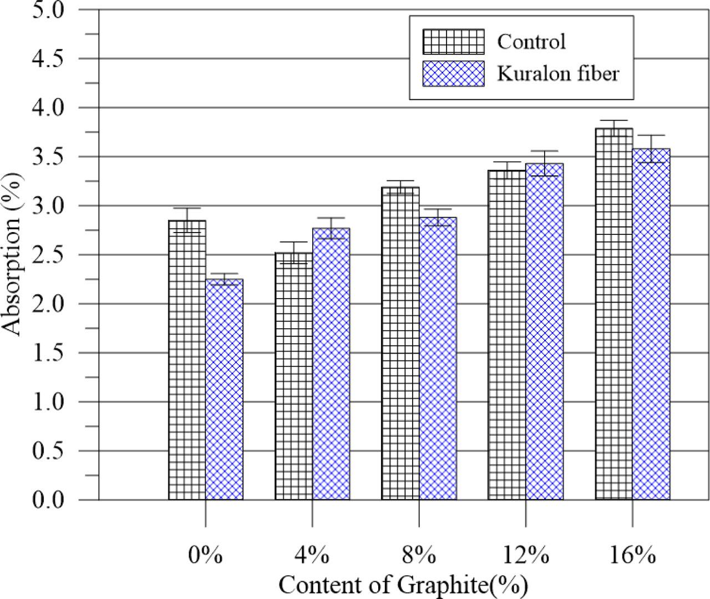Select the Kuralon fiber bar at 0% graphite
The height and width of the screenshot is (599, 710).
point(224,389)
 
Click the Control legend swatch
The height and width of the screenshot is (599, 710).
point(453,42)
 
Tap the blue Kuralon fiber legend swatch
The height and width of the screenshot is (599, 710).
point(453,73)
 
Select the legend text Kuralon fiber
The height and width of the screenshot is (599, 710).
point(557,73)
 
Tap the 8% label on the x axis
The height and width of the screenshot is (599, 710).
point(419,555)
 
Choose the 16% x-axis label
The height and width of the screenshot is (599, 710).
point(633,555)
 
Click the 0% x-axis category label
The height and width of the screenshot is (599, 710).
point(205,555)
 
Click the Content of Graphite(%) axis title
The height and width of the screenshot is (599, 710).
point(403,585)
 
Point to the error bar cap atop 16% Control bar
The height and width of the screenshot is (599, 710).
point(614,120)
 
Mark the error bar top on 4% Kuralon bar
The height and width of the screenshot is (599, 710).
point(331,218)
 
